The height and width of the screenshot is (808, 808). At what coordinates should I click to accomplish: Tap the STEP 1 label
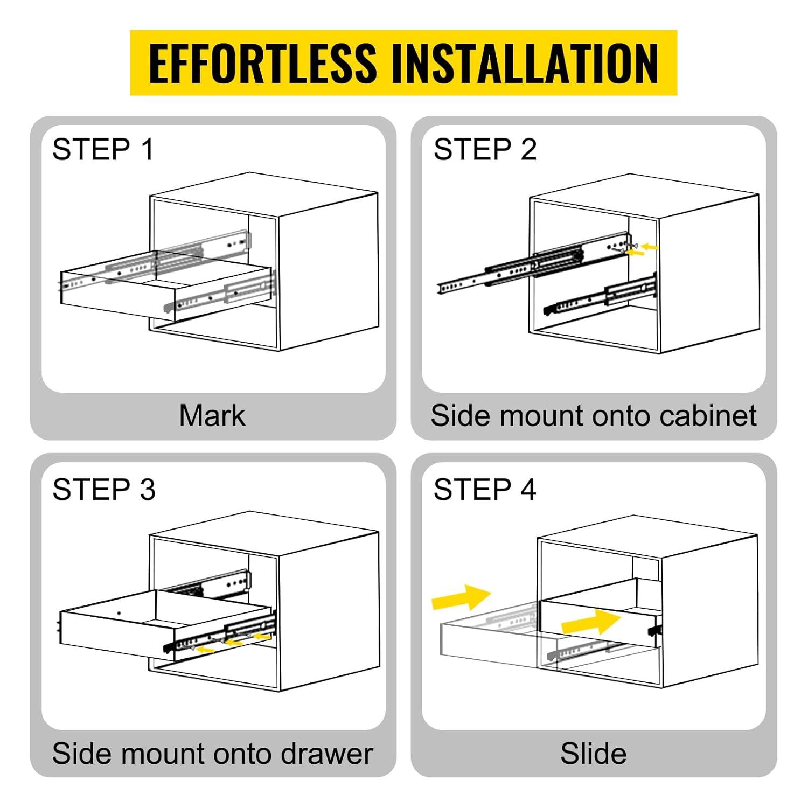[x=103, y=149]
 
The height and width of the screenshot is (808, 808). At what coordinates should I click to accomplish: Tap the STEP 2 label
[x=485, y=149]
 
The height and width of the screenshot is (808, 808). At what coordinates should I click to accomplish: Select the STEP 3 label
[x=104, y=490]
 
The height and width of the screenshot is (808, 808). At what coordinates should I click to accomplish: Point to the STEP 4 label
[x=485, y=490]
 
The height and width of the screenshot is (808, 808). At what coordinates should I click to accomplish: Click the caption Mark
[x=212, y=415]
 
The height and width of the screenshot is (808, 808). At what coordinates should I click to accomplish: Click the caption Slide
[x=593, y=753]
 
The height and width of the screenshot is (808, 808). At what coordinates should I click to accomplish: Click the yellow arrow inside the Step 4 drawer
[x=590, y=622]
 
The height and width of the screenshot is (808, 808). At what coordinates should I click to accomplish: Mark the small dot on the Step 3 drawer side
[x=119, y=613]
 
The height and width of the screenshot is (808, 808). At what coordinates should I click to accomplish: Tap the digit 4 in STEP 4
[x=528, y=490]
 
